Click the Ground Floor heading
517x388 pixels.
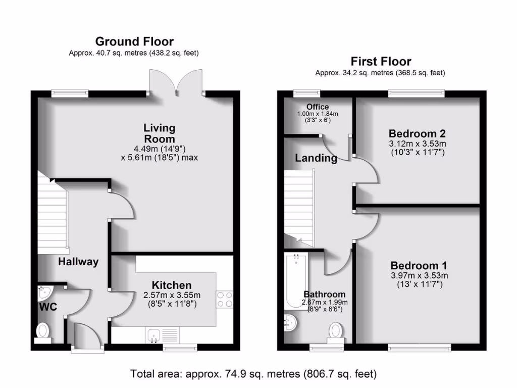(134, 41)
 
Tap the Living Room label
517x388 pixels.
(159, 133)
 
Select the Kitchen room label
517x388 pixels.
(172, 285)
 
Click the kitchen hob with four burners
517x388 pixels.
(225, 299)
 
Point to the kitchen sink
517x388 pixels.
(154, 333)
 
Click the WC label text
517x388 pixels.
(48, 307)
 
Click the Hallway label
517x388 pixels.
(78, 262)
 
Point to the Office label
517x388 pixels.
(317, 107)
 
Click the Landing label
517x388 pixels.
(316, 158)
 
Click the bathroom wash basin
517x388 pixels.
(290, 322)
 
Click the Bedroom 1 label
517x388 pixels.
(419, 266)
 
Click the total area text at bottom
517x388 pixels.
(253, 374)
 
